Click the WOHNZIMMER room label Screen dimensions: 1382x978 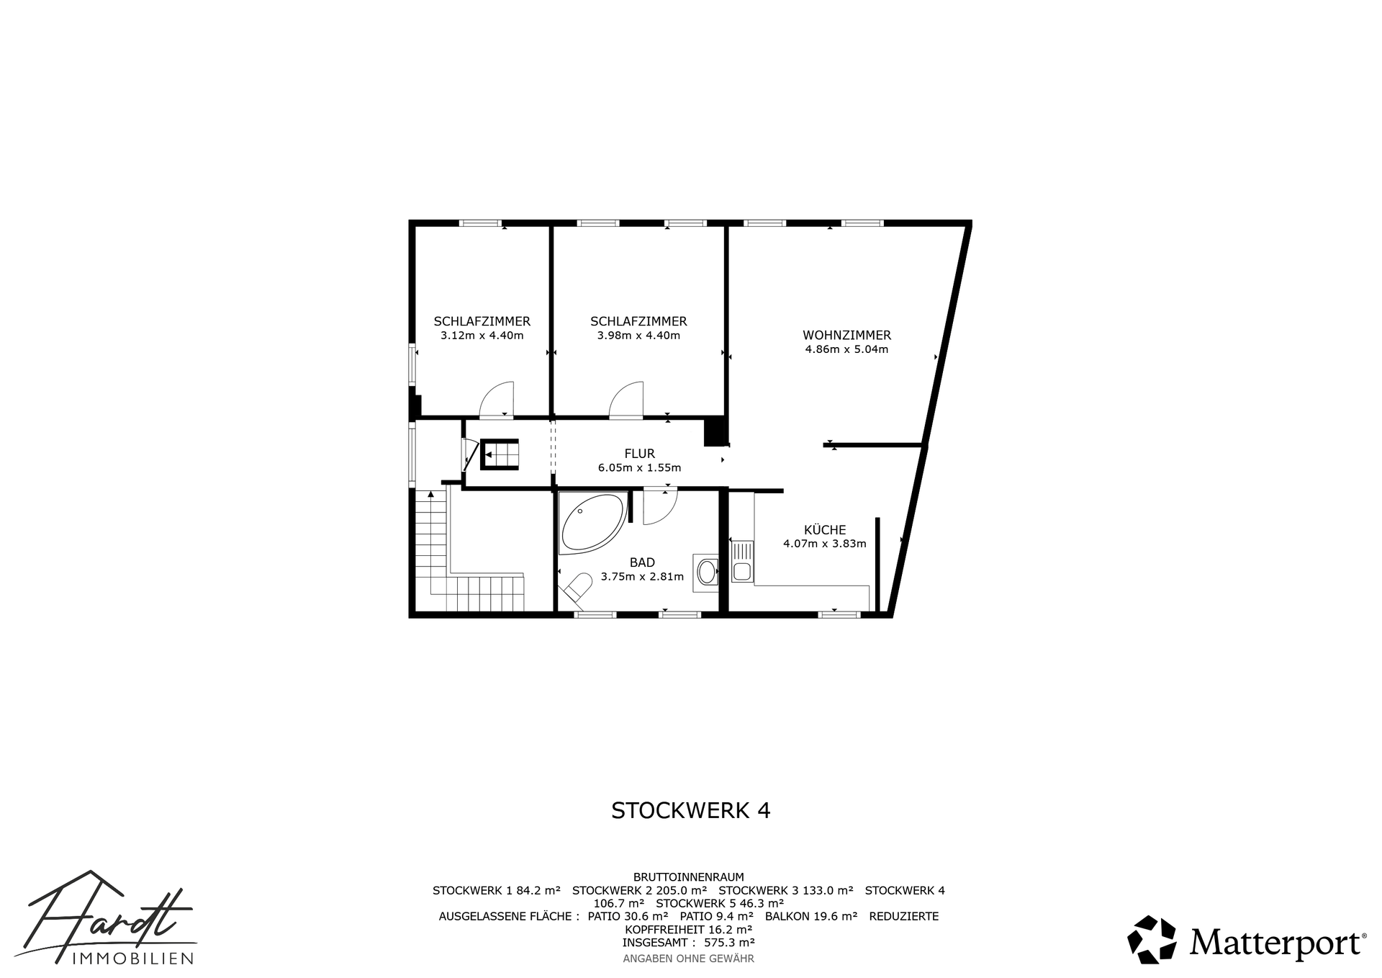click(x=846, y=335)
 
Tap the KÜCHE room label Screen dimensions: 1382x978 click(x=825, y=529)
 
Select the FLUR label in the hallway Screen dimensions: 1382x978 click(x=639, y=453)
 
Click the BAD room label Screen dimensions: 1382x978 click(x=642, y=562)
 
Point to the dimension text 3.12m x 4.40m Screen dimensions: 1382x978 click(x=482, y=336)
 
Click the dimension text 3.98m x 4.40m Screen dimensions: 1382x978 click(x=638, y=336)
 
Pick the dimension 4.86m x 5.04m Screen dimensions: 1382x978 click(x=846, y=350)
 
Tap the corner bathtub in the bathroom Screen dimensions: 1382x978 click(x=592, y=524)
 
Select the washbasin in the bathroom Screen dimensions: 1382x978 click(x=705, y=573)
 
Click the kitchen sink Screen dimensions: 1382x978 click(x=741, y=562)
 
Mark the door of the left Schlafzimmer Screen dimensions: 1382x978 click(x=497, y=399)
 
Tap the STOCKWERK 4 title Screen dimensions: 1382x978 click(x=690, y=810)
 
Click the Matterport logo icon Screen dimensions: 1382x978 click(x=1152, y=939)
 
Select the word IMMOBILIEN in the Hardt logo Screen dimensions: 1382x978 click(x=133, y=958)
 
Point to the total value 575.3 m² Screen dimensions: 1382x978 click(x=729, y=942)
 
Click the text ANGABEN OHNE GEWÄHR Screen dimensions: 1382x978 click(x=688, y=959)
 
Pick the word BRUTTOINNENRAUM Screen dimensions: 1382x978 click(x=688, y=877)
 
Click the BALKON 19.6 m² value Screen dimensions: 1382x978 click(x=811, y=916)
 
